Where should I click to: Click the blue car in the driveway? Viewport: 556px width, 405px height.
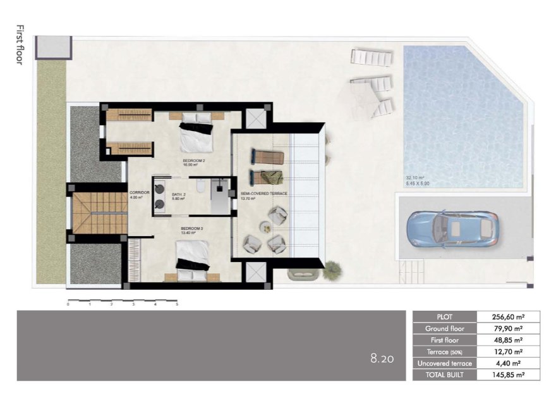click(453, 228)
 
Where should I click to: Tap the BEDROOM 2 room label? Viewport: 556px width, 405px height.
click(194, 161)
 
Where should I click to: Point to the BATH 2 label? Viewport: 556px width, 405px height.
click(179, 194)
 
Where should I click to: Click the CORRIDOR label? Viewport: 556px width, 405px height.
click(138, 192)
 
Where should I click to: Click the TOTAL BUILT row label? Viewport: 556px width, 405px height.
click(445, 375)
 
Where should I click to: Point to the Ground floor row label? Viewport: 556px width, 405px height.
click(445, 328)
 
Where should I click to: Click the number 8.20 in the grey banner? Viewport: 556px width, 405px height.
click(382, 359)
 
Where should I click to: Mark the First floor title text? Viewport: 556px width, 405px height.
click(20, 46)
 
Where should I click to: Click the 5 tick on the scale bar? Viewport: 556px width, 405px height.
click(177, 304)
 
